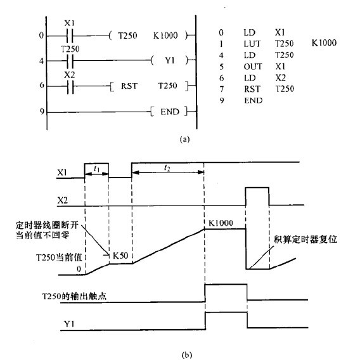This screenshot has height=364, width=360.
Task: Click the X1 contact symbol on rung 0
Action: (x=69, y=36)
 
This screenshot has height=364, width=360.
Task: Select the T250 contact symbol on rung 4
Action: (x=70, y=61)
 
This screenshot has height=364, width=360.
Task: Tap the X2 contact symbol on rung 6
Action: (x=70, y=86)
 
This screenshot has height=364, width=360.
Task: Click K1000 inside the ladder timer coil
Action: (x=165, y=36)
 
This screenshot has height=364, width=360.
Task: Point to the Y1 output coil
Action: (x=170, y=61)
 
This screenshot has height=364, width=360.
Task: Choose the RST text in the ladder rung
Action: (x=129, y=86)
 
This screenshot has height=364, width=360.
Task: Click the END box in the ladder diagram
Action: (x=169, y=112)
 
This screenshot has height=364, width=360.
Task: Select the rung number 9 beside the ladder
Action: (x=42, y=112)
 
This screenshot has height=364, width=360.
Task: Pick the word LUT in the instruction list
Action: (x=252, y=44)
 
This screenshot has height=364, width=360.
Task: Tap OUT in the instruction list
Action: (x=253, y=67)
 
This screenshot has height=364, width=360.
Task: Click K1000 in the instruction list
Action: (x=324, y=43)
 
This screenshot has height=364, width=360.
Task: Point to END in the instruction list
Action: (x=254, y=101)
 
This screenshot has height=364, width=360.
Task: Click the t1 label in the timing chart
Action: (x=96, y=169)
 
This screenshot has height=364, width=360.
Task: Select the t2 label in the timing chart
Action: (x=167, y=167)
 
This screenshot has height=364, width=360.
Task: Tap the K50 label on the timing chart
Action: (x=120, y=256)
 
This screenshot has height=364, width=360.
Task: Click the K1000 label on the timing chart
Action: (x=221, y=223)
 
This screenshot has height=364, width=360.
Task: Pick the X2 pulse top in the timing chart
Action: (x=257, y=187)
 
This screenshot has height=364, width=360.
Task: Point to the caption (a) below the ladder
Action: (x=184, y=140)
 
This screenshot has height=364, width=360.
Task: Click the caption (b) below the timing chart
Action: (x=187, y=355)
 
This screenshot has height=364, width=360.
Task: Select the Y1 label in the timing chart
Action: (x=69, y=323)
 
